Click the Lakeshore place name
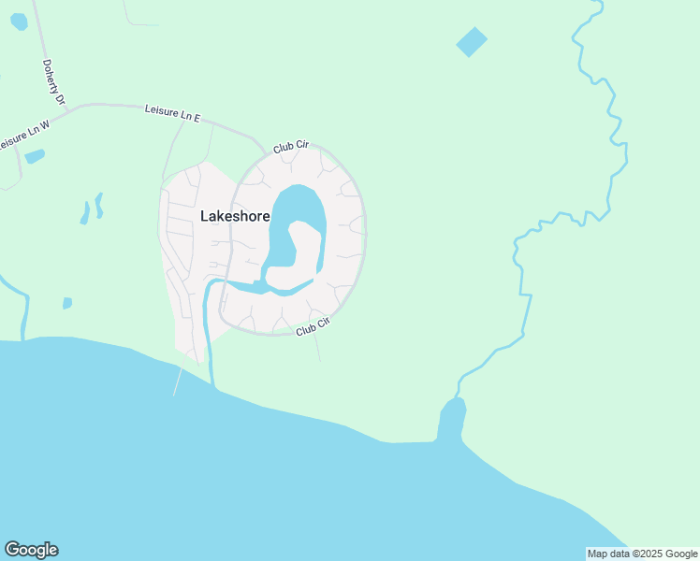(x=235, y=216)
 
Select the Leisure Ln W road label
(x=22, y=137)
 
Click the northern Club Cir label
(x=291, y=147)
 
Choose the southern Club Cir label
(x=314, y=326)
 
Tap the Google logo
(x=31, y=550)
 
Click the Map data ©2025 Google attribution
(x=643, y=554)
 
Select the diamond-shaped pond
(x=472, y=42)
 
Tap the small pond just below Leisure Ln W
(x=35, y=156)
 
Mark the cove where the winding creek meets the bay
(x=451, y=417)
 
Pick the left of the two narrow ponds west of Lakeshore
(x=85, y=213)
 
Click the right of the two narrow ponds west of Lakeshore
(x=99, y=205)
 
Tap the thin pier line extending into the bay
(x=177, y=381)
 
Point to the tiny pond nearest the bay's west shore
(x=67, y=303)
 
